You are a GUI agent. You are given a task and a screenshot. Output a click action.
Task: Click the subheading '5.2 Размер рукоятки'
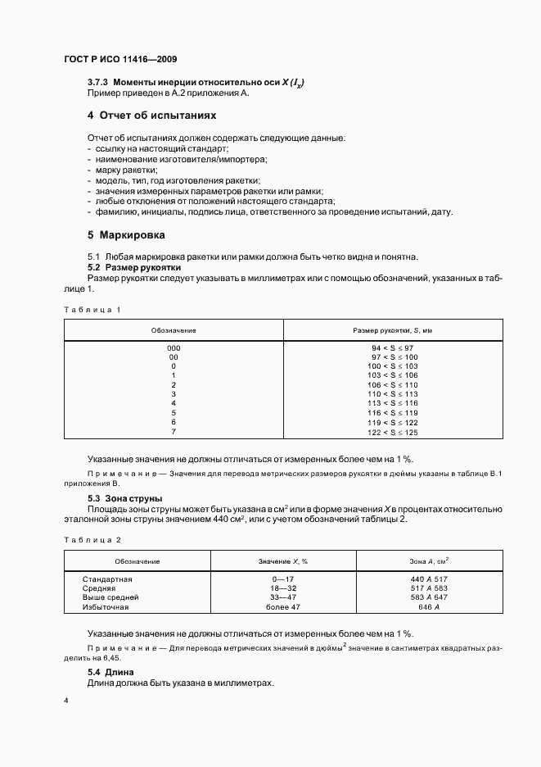pyautogui.click(x=133, y=268)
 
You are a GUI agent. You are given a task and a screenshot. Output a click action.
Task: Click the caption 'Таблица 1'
pyautogui.click(x=92, y=310)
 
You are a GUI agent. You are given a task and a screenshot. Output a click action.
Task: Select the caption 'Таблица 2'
pyautogui.click(x=92, y=540)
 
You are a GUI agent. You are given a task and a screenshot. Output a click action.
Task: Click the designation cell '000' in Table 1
pyautogui.click(x=174, y=348)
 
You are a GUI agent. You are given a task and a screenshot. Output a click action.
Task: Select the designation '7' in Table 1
pyautogui.click(x=174, y=432)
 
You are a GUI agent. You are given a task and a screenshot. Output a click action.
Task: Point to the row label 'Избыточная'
pyautogui.click(x=106, y=607)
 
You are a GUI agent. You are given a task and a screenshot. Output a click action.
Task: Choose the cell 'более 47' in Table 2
pyautogui.click(x=282, y=607)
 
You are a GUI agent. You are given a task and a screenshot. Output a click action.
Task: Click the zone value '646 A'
pyautogui.click(x=430, y=607)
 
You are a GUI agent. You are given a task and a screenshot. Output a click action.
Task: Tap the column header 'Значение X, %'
pyautogui.click(x=282, y=560)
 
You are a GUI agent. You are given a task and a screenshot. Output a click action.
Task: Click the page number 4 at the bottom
pyautogui.click(x=65, y=701)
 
